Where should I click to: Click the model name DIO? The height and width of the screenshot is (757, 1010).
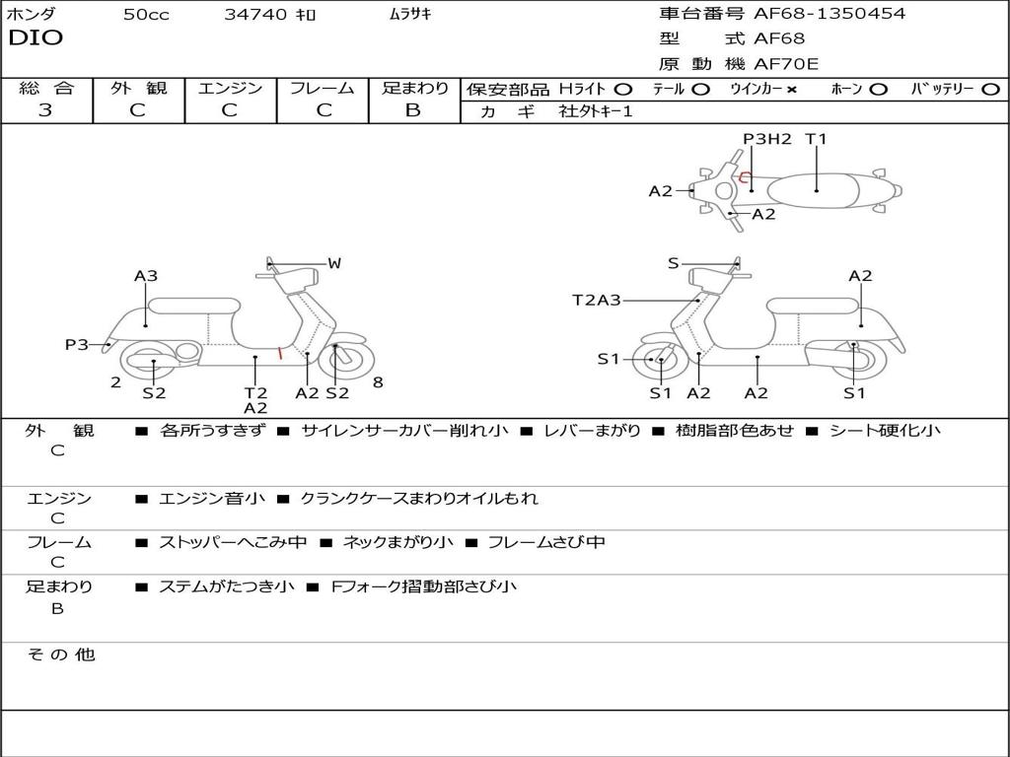tap(36, 38)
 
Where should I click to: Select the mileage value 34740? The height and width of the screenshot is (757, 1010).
tap(255, 15)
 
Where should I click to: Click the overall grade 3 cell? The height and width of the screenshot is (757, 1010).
tap(45, 110)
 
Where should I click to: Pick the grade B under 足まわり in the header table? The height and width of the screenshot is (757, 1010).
tap(413, 110)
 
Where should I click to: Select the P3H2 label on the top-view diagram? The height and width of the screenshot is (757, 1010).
tap(767, 139)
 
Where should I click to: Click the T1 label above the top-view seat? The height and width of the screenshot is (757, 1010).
tap(816, 139)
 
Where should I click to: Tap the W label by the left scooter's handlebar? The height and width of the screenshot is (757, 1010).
tap(334, 263)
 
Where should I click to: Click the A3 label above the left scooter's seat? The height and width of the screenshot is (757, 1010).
tap(146, 276)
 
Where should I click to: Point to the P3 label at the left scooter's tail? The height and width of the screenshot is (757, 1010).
tap(76, 344)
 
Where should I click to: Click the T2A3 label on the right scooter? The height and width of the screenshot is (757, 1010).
tap(597, 300)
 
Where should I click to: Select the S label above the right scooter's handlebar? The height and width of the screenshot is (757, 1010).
tap(674, 263)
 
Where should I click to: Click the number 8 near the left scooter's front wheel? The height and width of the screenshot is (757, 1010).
tap(378, 382)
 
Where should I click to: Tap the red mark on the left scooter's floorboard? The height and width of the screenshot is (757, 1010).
tap(280, 353)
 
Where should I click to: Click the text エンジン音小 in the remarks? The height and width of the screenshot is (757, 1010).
tap(212, 499)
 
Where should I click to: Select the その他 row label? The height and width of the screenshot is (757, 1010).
tap(61, 654)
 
